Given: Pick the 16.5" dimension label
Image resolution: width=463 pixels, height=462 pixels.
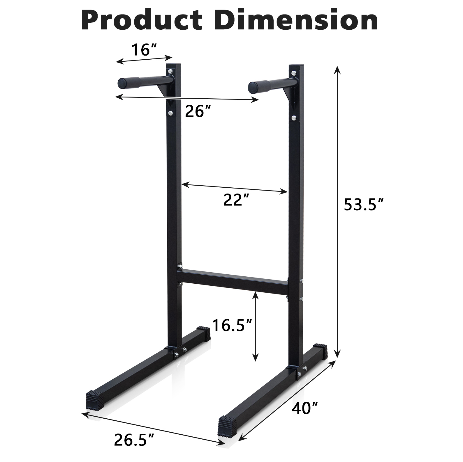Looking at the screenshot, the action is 232,325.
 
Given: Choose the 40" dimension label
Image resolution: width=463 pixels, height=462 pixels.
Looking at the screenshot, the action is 304,408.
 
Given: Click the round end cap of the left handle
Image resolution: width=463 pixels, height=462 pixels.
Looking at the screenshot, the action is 122,83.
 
